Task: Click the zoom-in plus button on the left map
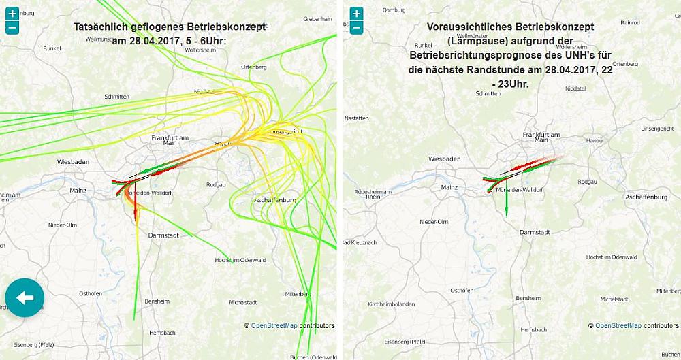coord(12,14)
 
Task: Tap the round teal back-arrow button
coord(25,297)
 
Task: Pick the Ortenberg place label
coord(253,67)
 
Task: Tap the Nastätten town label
coord(357,118)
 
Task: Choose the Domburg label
coord(394,10)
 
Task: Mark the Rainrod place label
coord(631,22)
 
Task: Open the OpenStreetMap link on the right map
coord(618,325)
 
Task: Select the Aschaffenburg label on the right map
coord(646,197)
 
